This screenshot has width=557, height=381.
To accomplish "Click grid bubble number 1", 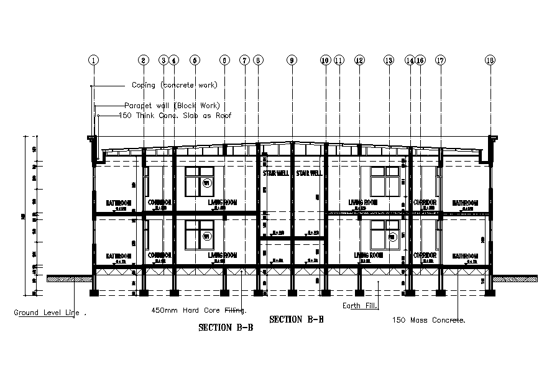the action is pyautogui.click(x=93, y=60).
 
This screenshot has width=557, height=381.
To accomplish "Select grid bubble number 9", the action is pyautogui.click(x=292, y=60).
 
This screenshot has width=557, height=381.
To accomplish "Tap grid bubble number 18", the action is pyautogui.click(x=490, y=60).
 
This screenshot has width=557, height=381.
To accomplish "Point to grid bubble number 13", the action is pyautogui.click(x=389, y=60).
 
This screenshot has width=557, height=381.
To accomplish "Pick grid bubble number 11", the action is pyautogui.click(x=339, y=60).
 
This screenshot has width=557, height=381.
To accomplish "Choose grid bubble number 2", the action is pyautogui.click(x=144, y=60).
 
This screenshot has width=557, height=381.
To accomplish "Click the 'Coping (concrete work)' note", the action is pyautogui.click(x=175, y=85).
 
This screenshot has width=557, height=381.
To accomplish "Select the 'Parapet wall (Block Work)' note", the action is pyautogui.click(x=172, y=105).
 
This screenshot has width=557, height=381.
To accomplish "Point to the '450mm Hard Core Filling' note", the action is pyautogui.click(x=199, y=310).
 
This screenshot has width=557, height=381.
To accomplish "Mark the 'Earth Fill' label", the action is pyautogui.click(x=361, y=305).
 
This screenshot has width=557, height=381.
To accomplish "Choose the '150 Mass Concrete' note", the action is pyautogui.click(x=429, y=320).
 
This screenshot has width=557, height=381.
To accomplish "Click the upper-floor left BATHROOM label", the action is pyautogui.click(x=118, y=203).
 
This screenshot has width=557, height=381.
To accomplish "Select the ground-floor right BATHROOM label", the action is pyautogui.click(x=465, y=255).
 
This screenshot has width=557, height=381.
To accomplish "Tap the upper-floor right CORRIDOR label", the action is pyautogui.click(x=425, y=203).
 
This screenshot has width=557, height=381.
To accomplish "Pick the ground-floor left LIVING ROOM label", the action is pyautogui.click(x=223, y=255).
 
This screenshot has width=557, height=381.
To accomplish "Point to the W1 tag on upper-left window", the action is pyautogui.click(x=206, y=183).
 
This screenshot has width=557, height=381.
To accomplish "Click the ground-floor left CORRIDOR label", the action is pyautogui.click(x=159, y=255).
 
